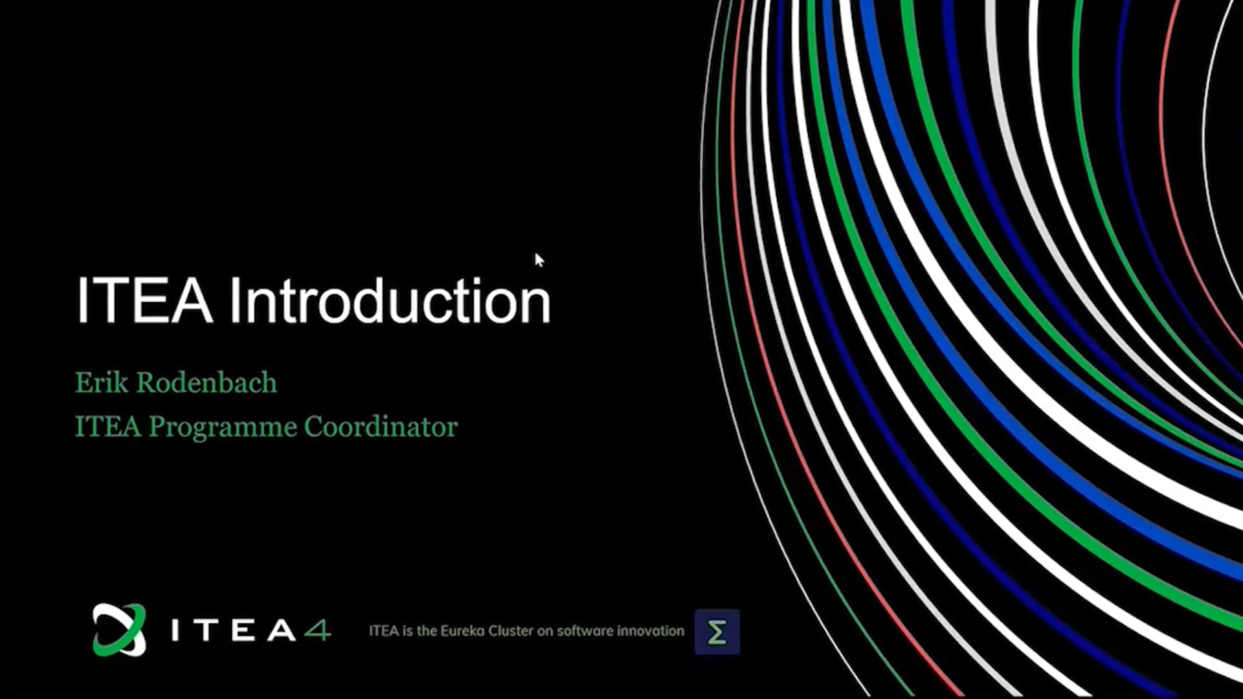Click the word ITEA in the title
(x=144, y=300)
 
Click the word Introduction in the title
(x=390, y=300)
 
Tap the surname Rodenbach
(x=207, y=383)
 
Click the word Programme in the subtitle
(x=223, y=428)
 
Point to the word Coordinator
(x=381, y=427)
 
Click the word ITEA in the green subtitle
(x=108, y=427)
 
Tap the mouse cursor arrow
(x=539, y=260)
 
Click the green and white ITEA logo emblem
(x=119, y=630)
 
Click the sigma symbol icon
(x=717, y=632)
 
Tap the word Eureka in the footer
(x=462, y=631)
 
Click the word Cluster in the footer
(x=511, y=631)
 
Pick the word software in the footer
(x=585, y=631)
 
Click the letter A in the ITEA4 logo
(x=282, y=630)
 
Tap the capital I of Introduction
(x=234, y=300)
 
